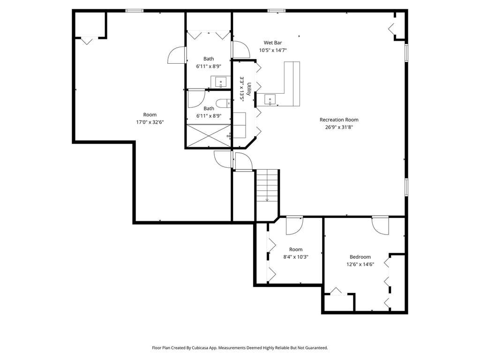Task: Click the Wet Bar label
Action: [273, 43]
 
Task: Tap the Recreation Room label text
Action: [339, 120]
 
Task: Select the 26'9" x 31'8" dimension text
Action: [339, 127]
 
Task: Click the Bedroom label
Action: [360, 257]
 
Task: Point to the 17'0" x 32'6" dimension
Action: [150, 122]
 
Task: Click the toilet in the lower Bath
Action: [223, 103]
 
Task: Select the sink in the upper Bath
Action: [220, 82]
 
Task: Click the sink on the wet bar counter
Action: [270, 99]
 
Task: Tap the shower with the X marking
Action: [209, 135]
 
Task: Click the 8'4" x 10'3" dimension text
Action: [296, 257]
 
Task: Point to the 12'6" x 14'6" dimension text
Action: [360, 264]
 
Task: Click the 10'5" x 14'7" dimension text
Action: [273, 51]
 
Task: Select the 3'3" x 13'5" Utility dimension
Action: [242, 89]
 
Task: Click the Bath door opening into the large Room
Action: [176, 55]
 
